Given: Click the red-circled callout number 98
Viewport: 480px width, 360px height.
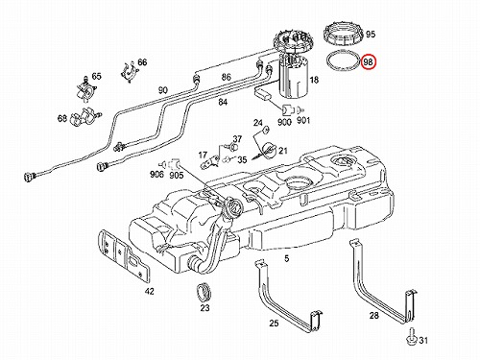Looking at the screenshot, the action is (369, 62).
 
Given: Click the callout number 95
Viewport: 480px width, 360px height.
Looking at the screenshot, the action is (371, 35).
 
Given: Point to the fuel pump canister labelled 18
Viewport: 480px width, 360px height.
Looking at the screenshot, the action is (294, 78).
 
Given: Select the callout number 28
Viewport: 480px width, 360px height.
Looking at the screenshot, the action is (373, 316).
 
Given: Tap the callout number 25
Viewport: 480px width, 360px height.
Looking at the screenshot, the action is (274, 324).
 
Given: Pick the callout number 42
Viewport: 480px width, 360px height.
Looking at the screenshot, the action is (150, 291).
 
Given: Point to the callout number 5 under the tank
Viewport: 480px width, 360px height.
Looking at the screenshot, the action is (286, 258).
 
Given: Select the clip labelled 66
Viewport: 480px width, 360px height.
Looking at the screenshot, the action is (129, 72).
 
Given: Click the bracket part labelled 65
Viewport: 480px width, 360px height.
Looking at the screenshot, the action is (85, 89).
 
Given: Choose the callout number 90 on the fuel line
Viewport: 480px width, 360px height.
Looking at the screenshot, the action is (162, 90).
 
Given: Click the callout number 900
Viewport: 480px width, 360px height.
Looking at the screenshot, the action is (284, 122).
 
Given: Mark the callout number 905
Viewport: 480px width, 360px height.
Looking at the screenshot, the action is (176, 175).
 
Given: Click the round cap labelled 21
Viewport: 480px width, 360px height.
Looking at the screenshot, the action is (268, 151).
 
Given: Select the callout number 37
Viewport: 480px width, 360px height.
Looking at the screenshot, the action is (237, 139).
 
